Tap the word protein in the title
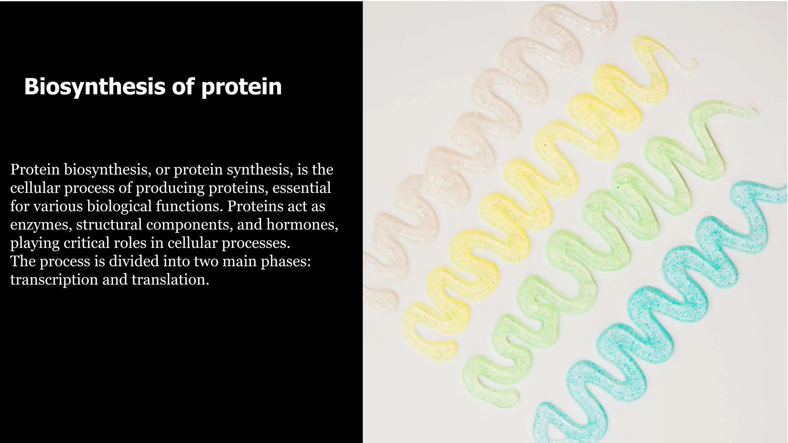241,87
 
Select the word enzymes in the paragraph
41,225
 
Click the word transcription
54,280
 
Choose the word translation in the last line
170,280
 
